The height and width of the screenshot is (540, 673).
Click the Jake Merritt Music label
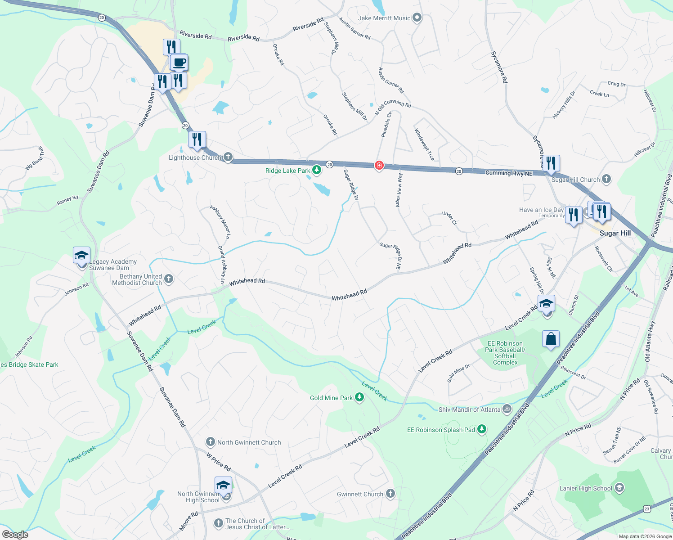pos(384,18)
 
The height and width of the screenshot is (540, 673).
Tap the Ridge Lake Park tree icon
pos(317,170)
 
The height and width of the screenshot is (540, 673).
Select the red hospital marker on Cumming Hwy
pos(379,166)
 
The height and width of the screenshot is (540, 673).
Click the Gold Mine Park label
pos(331,398)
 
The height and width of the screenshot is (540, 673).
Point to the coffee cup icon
pos(179,63)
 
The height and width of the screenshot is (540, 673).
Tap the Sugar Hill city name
pos(615,233)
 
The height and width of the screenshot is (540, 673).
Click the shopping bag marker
pos(551,339)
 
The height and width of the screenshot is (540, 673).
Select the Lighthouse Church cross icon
pos(228,157)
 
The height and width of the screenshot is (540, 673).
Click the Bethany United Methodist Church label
pos(137,279)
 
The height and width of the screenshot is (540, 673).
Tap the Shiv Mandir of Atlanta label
pos(469,409)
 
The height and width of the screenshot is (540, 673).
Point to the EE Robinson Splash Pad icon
pos(482,429)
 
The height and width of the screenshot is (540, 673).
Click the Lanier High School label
pos(586,488)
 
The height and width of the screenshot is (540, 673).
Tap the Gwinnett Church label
pos(360,494)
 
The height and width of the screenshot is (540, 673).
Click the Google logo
pos(15,535)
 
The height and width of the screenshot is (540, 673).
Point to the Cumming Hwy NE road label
pos(509,173)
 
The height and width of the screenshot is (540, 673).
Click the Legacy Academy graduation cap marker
pos(82,256)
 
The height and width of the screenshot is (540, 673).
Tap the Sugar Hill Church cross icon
pos(606,179)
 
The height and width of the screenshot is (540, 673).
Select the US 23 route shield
pos(647,509)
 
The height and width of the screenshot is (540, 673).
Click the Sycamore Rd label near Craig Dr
pos(499,67)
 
